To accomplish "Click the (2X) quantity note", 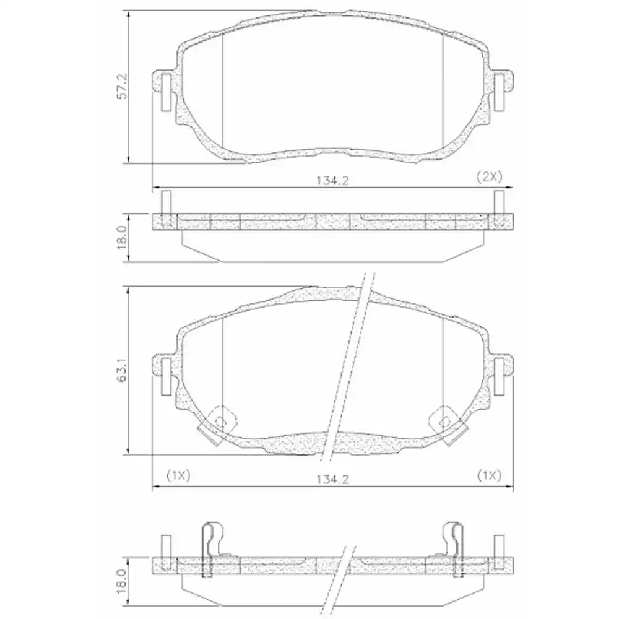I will tap(488, 176).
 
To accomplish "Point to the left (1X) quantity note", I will tap(178, 475).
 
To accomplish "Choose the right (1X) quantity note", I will tap(488, 475).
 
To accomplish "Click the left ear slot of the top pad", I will tap(166, 92).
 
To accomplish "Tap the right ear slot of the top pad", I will tap(499, 92).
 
